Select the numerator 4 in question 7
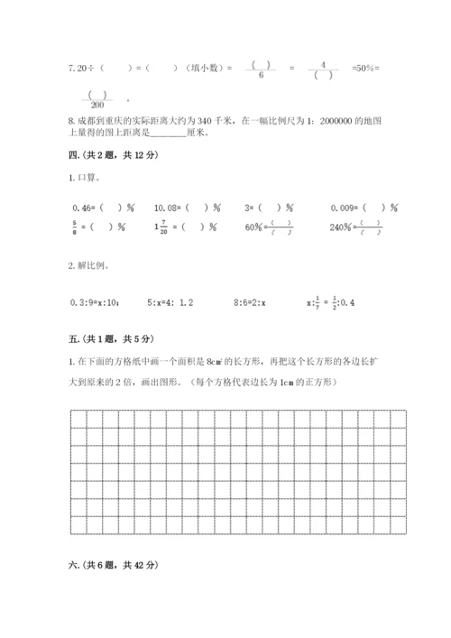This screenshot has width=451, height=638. click(x=328, y=64)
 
